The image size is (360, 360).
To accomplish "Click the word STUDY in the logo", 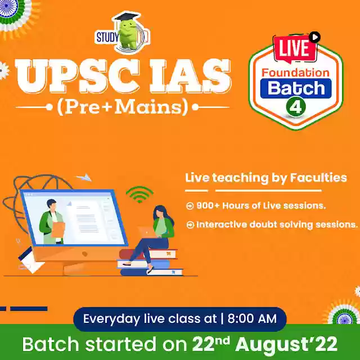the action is [x=107, y=38].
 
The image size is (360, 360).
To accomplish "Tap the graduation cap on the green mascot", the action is [x=127, y=17].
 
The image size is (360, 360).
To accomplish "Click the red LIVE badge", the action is [x=295, y=49].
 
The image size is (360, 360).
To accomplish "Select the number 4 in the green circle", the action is [x=296, y=106].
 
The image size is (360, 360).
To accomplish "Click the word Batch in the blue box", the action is [x=296, y=88].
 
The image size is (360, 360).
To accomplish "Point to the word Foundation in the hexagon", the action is [x=296, y=73].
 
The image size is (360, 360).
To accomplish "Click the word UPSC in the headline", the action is [x=77, y=76].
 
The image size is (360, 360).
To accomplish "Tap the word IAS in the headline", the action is [x=190, y=76].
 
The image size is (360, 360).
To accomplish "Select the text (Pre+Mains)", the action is [x=123, y=107].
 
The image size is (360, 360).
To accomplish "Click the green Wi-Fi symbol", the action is [x=139, y=194].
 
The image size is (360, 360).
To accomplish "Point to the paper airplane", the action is [x=84, y=178].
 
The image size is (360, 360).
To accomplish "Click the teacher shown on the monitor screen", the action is [x=52, y=222].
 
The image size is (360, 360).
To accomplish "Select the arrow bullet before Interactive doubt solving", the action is [x=190, y=225].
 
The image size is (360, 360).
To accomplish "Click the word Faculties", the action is [x=318, y=178].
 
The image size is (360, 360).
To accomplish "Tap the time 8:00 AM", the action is [x=252, y=319].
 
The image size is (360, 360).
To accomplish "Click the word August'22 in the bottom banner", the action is [x=286, y=344].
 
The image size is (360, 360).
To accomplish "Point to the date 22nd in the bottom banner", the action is [x=211, y=343].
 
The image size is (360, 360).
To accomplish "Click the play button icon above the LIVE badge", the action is [x=314, y=37].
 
